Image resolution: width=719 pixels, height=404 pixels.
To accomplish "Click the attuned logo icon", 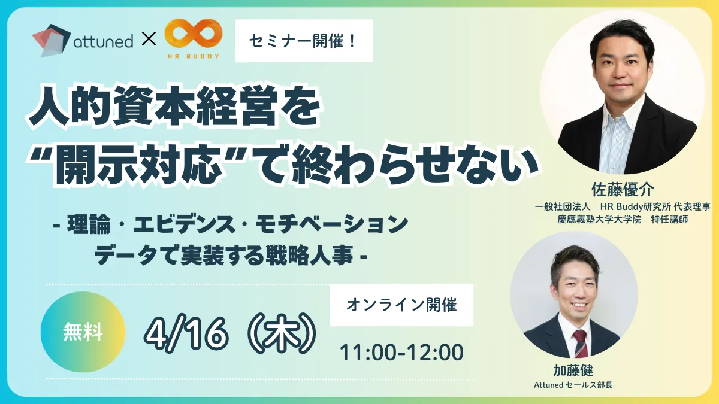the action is (52, 41).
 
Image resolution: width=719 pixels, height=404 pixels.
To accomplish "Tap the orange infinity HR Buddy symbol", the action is (193, 34).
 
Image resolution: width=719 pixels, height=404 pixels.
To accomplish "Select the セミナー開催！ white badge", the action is (304, 41).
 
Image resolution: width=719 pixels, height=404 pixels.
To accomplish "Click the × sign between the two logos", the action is (149, 39).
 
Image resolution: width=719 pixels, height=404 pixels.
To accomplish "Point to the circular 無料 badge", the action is (83, 332).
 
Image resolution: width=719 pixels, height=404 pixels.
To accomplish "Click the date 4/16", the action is (186, 335).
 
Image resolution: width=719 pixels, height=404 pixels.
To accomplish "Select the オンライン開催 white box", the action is (401, 305).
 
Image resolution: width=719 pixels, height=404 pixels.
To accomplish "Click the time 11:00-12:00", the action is (401, 353).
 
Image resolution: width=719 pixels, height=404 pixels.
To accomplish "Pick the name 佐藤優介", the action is (623, 190).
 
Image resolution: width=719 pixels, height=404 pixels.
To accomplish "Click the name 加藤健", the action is (573, 370).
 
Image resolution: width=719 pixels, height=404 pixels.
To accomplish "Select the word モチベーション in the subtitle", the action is (331, 224).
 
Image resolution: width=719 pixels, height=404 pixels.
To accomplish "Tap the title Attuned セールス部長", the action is (573, 385).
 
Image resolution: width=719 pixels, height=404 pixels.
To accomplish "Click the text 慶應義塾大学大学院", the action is (599, 219).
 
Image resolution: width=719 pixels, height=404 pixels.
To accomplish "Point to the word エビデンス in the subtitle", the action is (185, 224).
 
